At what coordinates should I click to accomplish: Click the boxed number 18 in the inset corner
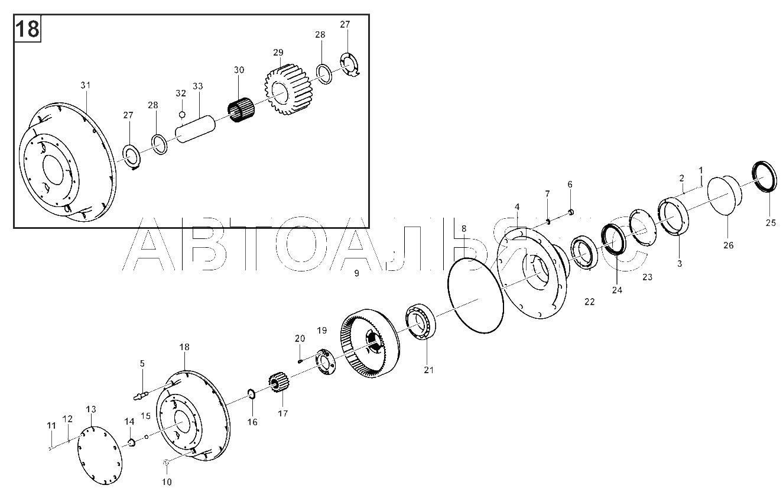click(27, 29)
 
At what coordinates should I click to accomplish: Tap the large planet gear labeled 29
click(288, 89)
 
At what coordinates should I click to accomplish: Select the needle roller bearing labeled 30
click(241, 110)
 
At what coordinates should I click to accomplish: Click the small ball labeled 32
click(182, 114)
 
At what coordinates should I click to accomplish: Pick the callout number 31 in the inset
click(86, 85)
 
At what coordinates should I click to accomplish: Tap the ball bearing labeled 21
click(421, 322)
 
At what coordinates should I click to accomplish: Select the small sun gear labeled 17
click(278, 382)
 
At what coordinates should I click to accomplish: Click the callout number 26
click(729, 245)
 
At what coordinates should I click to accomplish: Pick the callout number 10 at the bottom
click(167, 482)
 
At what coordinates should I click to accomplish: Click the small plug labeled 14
click(131, 443)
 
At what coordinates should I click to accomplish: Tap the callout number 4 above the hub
click(517, 206)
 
